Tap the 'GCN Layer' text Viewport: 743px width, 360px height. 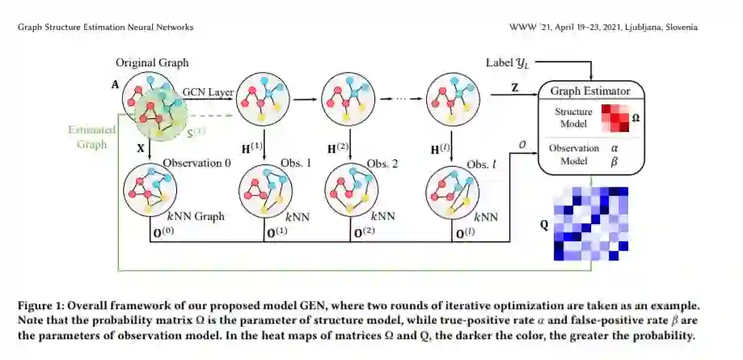click(208, 91)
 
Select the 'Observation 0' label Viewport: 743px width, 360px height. click(197, 163)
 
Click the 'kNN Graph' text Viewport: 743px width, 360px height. click(196, 216)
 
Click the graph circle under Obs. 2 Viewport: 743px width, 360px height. click(352, 189)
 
